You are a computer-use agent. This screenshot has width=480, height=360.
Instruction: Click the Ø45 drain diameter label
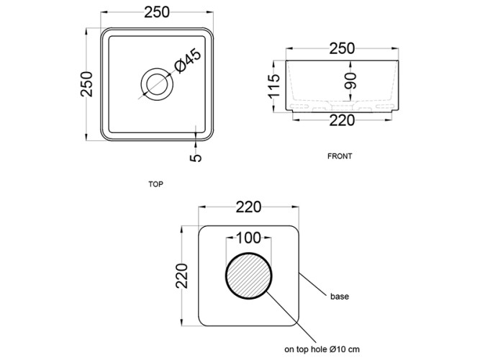pyautogui.click(x=188, y=60)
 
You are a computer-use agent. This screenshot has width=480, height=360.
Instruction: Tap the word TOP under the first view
pyautogui.click(x=156, y=184)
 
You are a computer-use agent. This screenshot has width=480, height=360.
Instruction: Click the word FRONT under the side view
pyautogui.click(x=340, y=156)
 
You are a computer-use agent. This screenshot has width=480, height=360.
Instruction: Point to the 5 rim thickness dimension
pyautogui.click(x=196, y=158)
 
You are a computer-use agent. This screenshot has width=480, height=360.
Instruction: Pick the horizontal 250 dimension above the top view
pyautogui.click(x=157, y=12)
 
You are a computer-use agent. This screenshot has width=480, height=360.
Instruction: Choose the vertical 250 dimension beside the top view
pyautogui.click(x=86, y=84)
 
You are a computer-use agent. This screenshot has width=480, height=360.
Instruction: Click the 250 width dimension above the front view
pyautogui.click(x=343, y=48)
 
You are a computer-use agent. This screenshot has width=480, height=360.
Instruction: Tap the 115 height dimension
pyautogui.click(x=274, y=86)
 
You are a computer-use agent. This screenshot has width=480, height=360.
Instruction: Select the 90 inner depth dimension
pyautogui.click(x=350, y=81)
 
